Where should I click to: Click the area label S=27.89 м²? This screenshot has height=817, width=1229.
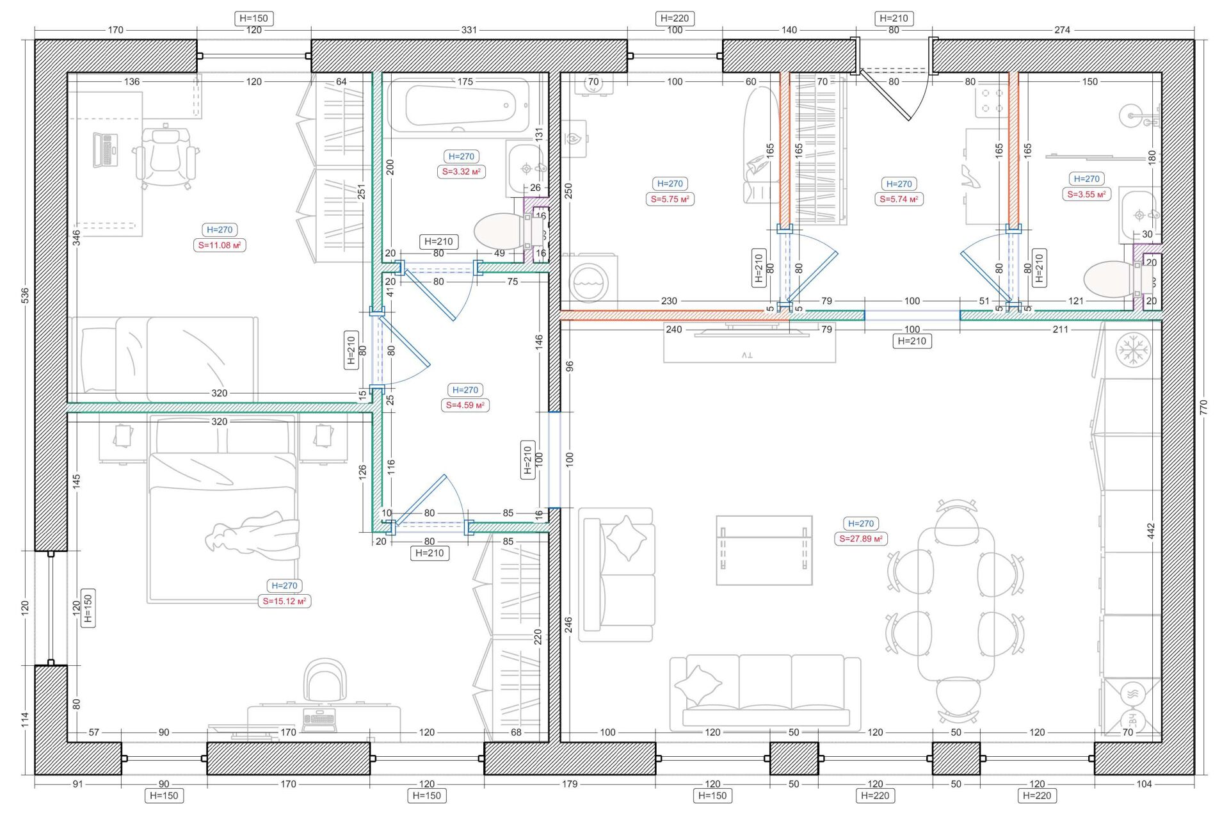(861, 539)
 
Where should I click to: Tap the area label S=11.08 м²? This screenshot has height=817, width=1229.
(220, 245)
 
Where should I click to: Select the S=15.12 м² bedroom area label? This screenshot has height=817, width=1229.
(284, 601)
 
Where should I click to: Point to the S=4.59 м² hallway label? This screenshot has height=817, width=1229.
(465, 405)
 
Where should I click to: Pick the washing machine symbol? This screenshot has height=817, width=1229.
(590, 279)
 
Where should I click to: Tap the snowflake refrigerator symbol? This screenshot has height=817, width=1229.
(1133, 350)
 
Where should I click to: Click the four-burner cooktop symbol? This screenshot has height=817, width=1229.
(992, 101)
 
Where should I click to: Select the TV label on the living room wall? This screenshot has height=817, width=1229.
(748, 354)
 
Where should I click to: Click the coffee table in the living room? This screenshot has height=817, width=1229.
(764, 550)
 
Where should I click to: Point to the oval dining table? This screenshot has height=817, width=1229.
(956, 605)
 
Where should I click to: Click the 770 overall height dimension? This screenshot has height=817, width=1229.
(1203, 408)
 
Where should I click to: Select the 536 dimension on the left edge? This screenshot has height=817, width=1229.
(25, 295)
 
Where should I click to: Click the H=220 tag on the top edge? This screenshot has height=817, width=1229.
(675, 19)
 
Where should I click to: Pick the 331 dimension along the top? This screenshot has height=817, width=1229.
(469, 30)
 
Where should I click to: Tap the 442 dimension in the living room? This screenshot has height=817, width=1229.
(1151, 531)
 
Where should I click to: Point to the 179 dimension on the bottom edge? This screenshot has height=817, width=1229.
(570, 784)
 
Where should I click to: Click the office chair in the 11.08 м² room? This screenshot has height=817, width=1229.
(166, 156)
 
